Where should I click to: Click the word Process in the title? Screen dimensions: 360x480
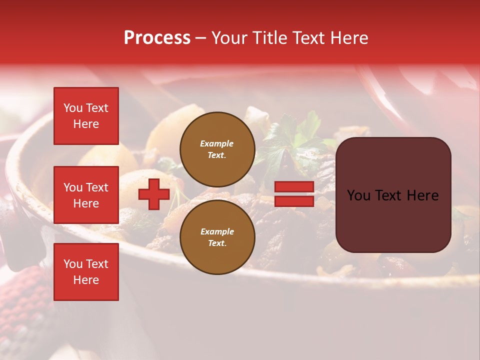[157, 38]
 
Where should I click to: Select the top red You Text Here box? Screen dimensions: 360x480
[86, 116]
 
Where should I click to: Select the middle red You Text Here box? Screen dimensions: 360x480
[86, 195]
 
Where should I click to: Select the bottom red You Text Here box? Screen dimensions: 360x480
[86, 271]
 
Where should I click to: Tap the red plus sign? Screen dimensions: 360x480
[154, 194]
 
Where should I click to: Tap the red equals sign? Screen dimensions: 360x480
[294, 194]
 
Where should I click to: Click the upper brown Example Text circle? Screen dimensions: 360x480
[217, 149]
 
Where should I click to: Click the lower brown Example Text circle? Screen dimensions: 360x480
[217, 237]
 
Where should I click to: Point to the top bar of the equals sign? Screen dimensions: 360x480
[294, 186]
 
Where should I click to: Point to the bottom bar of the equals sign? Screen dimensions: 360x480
[294, 201]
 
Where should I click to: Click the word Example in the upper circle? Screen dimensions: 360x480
[217, 143]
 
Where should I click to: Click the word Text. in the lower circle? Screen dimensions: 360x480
[217, 243]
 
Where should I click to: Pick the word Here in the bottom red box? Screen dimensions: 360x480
[86, 280]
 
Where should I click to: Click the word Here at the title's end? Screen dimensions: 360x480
[348, 38]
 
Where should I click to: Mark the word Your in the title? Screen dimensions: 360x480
[229, 38]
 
